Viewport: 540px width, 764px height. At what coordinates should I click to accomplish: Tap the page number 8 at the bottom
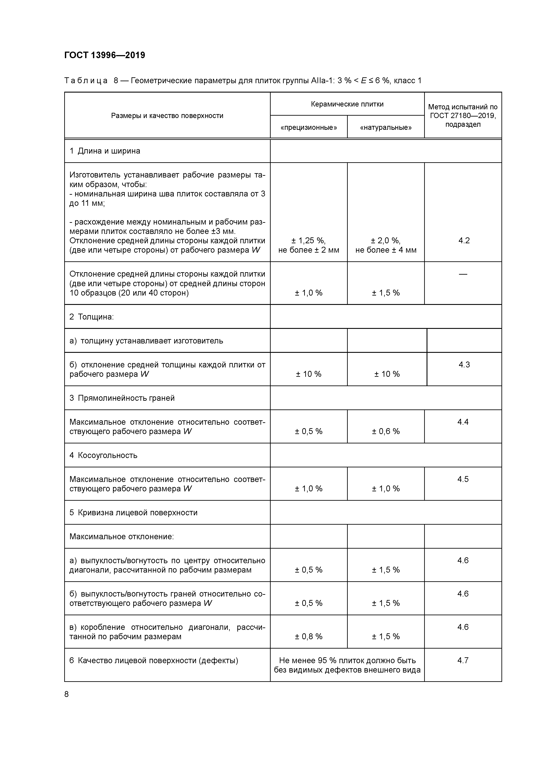click(x=67, y=694)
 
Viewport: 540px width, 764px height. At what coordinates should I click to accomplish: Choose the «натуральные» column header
click(x=386, y=127)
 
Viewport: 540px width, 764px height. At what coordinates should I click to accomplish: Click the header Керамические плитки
click(x=347, y=104)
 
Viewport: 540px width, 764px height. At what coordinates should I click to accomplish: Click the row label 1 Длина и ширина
click(x=105, y=151)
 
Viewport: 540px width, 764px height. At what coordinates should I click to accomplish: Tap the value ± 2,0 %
click(x=386, y=241)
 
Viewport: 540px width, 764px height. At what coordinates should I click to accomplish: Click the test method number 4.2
click(x=464, y=241)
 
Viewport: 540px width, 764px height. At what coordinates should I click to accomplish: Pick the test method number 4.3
click(x=464, y=365)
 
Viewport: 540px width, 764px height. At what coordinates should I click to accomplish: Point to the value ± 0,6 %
click(x=386, y=431)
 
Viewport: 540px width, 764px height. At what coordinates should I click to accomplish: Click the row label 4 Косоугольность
click(x=103, y=455)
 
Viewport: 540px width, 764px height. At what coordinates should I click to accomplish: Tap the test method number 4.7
click(x=463, y=660)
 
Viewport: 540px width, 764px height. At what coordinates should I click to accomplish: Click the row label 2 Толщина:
click(x=91, y=317)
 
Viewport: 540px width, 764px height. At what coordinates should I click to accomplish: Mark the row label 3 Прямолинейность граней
click(x=122, y=398)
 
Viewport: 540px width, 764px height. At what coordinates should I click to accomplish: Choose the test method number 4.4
click(x=463, y=422)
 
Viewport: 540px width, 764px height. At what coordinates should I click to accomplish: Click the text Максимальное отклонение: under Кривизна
click(x=121, y=536)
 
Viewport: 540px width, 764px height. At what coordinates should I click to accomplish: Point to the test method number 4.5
click(x=463, y=479)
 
